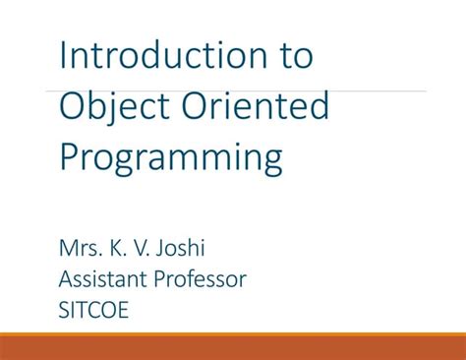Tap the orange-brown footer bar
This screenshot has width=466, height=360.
pos(233,345)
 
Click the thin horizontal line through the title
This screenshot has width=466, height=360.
pos(393,91)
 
